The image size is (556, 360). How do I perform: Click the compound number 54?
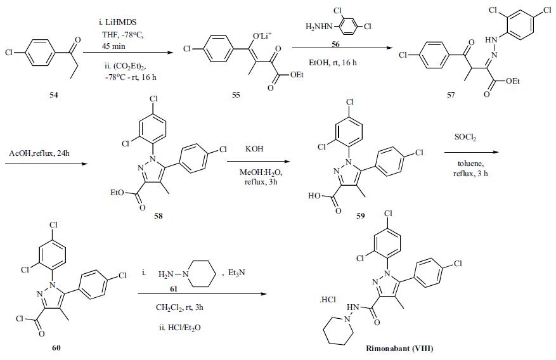pos(53,95)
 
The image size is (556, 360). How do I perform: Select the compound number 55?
pos(236,94)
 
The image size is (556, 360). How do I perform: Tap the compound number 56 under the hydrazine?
pos(335,44)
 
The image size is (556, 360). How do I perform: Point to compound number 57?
pos(451,95)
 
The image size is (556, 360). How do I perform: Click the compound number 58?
pos(158,215)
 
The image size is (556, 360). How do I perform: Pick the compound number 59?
pos(360,215)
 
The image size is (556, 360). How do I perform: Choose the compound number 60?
pos(56,347)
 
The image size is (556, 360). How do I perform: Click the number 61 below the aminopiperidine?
pos(174,290)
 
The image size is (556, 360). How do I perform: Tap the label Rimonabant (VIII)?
pos(399,349)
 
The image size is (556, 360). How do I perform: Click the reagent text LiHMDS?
pos(121,22)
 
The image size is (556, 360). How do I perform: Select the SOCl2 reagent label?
pos(465,137)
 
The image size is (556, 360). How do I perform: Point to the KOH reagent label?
pos(254,149)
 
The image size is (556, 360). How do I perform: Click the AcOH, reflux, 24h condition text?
pos(39,153)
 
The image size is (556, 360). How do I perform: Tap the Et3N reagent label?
pos(237,273)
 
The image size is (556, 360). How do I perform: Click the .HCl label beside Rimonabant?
pos(328,300)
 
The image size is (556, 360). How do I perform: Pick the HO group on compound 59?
pos(314,196)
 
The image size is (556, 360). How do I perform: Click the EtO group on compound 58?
pos(117,193)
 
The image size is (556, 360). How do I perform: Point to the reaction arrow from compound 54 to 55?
pos(127,53)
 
